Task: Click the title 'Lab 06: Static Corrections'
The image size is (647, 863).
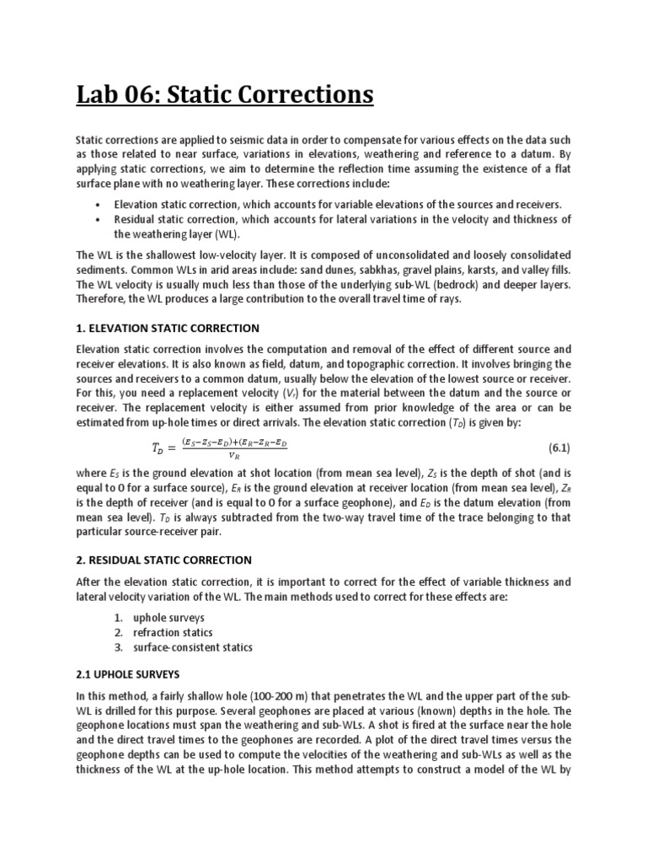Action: point(225,94)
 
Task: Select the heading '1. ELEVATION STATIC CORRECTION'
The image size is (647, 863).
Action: point(168,328)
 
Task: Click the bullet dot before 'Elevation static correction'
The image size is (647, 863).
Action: point(99,205)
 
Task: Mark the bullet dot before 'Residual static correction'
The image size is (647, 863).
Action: point(99,219)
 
